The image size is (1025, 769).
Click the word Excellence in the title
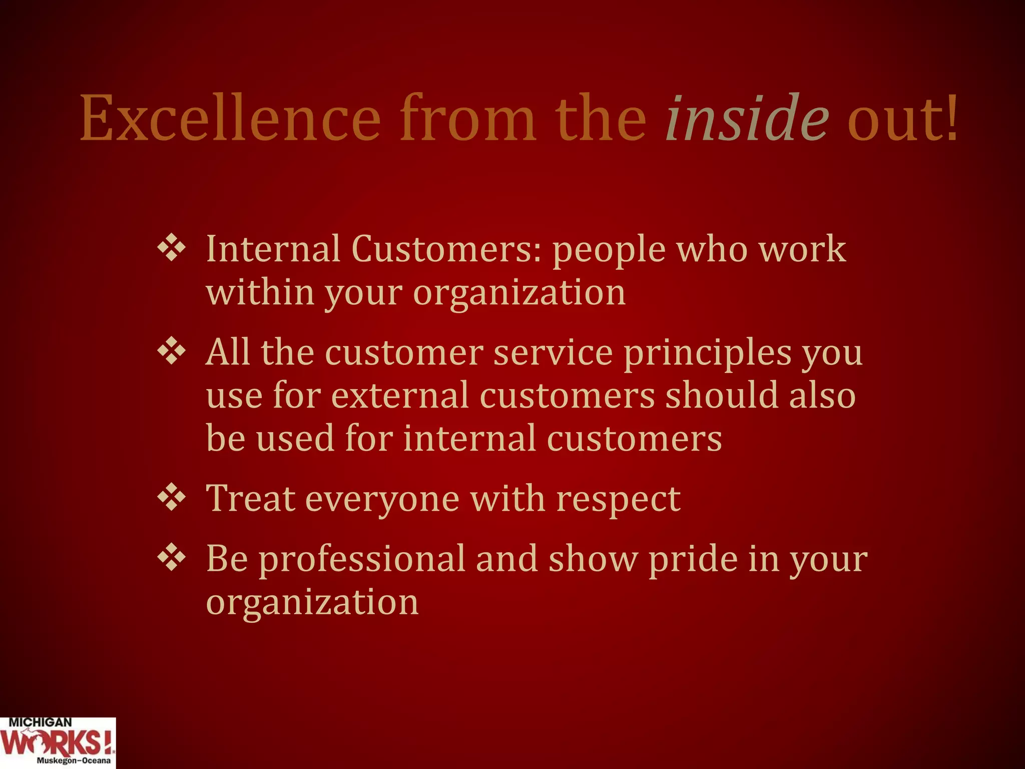(x=230, y=119)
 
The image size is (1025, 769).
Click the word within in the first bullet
(x=260, y=292)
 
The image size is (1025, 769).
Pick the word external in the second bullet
(x=400, y=396)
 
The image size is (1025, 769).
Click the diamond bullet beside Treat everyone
(x=172, y=498)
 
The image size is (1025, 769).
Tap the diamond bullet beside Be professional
(x=172, y=558)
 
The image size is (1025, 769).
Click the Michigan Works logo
(x=58, y=743)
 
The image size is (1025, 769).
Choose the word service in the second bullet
(x=553, y=352)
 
